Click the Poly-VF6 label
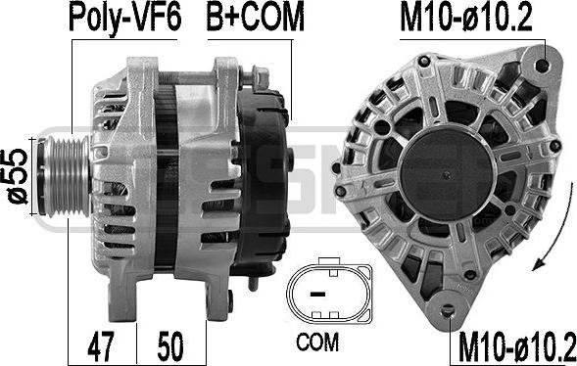coord(125,18)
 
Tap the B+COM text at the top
coord(256,17)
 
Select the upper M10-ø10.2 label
coord(466,18)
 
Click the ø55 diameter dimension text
coord(18,176)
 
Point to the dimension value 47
coord(101,346)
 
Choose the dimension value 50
coord(170,346)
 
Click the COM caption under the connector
coord(317,343)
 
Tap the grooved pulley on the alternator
coord(65,176)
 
